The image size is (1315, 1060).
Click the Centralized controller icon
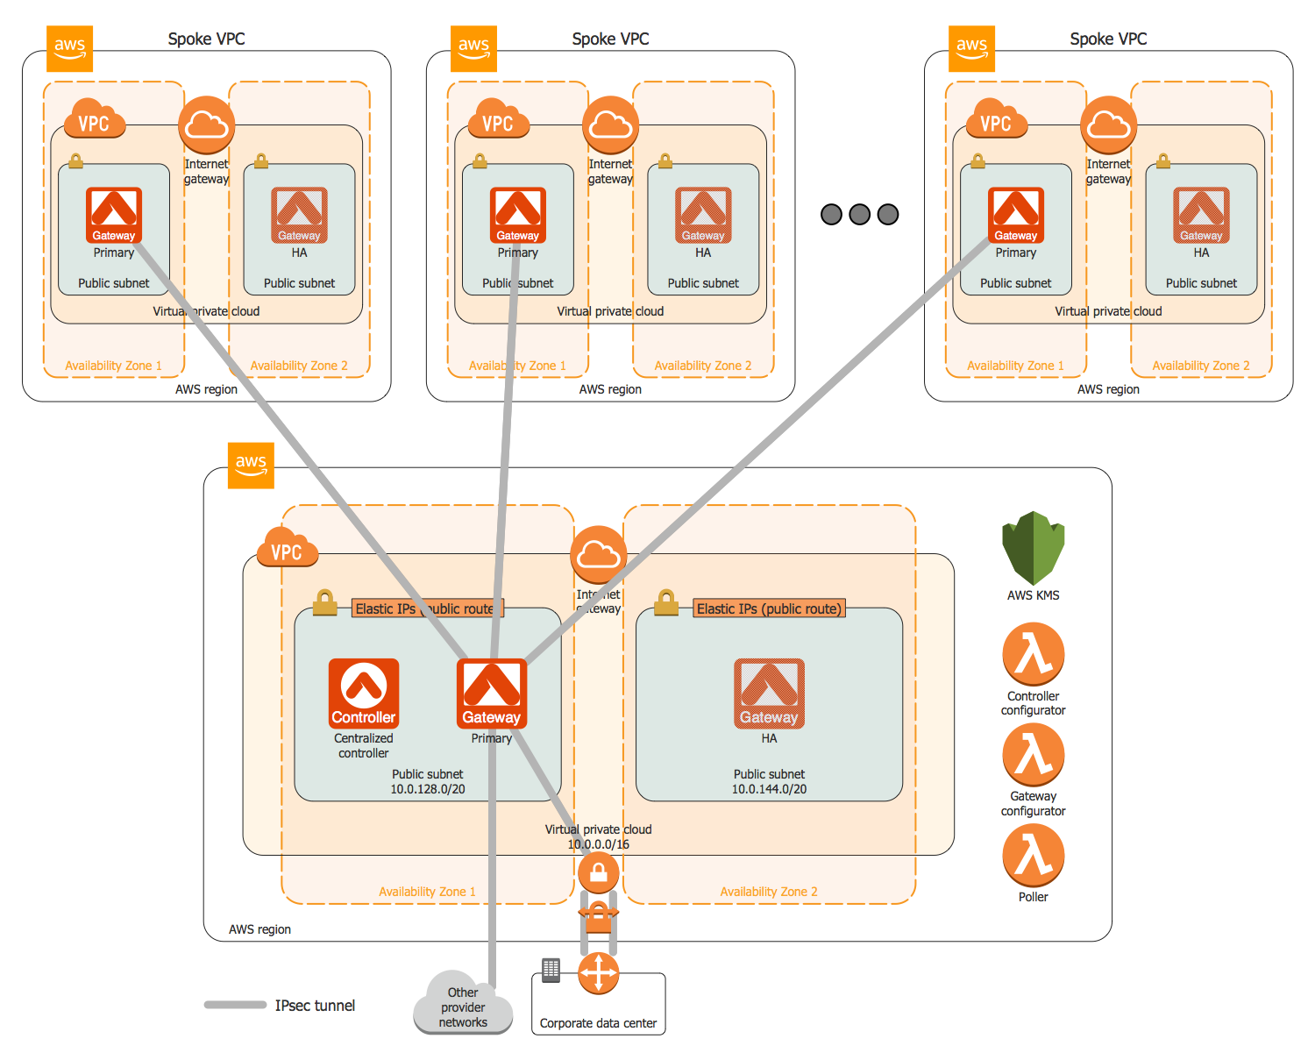click(363, 693)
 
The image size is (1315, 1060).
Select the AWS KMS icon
click(1033, 548)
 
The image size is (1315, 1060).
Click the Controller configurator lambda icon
click(1033, 654)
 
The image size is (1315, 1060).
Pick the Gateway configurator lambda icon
click(1033, 755)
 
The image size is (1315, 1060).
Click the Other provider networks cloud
click(462, 1004)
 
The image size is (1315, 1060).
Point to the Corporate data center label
click(598, 1023)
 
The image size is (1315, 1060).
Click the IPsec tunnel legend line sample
click(235, 1005)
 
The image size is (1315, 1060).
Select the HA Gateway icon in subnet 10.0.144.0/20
click(769, 693)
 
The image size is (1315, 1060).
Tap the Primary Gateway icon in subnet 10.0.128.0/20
click(492, 693)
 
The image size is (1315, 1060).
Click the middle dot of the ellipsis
click(860, 214)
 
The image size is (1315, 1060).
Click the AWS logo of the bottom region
click(251, 465)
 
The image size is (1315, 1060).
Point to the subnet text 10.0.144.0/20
click(769, 789)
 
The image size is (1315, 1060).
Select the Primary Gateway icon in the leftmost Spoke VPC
click(114, 215)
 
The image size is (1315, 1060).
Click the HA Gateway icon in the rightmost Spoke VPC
click(1201, 215)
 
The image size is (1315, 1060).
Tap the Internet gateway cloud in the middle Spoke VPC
click(610, 125)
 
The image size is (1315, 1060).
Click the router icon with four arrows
click(598, 973)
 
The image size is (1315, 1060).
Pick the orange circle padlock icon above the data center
click(598, 872)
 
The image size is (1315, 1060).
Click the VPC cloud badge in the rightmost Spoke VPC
click(995, 121)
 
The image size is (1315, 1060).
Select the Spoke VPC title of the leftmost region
click(206, 39)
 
